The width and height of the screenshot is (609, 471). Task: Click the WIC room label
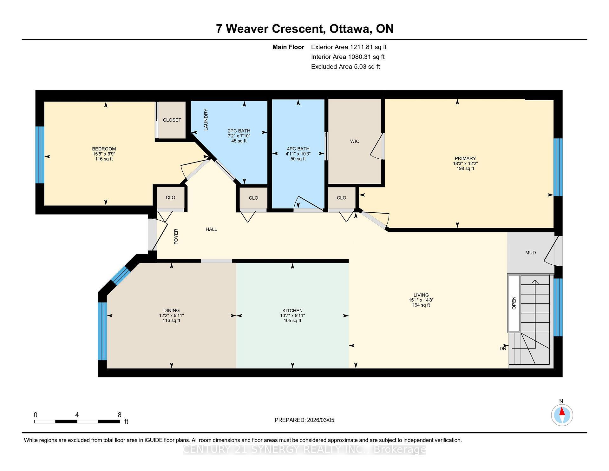tap(355, 141)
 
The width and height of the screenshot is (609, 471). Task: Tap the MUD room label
tap(530, 253)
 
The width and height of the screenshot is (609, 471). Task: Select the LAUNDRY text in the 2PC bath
tap(206, 120)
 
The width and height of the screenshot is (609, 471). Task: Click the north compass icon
tap(562, 415)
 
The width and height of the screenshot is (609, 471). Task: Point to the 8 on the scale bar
tap(120, 415)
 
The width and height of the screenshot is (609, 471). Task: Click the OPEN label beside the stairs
tap(514, 303)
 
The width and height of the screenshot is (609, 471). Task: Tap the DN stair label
tap(503, 348)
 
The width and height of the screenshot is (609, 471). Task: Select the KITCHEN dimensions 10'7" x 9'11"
tap(292, 315)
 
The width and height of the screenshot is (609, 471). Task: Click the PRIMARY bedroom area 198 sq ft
tap(465, 169)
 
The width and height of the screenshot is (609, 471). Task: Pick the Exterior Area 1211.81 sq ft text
tap(349, 47)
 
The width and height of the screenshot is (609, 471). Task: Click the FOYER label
tap(176, 236)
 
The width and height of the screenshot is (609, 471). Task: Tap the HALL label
tap(211, 229)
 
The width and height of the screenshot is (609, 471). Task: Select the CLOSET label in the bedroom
tap(172, 120)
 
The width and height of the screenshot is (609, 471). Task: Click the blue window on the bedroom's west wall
tap(40, 155)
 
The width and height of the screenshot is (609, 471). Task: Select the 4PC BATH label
tap(298, 149)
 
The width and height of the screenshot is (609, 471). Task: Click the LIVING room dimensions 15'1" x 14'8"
tap(421, 300)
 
